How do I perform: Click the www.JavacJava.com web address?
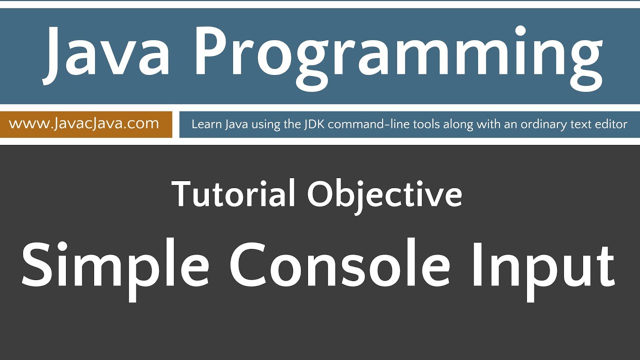84,123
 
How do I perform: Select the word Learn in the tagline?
204,124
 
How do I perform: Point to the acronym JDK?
313,124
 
